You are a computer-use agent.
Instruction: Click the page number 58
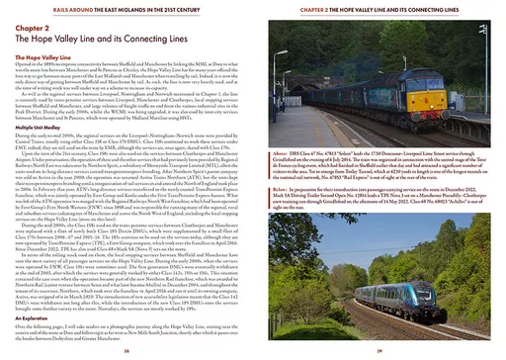tap(126, 348)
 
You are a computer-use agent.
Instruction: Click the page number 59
tap(379, 348)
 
